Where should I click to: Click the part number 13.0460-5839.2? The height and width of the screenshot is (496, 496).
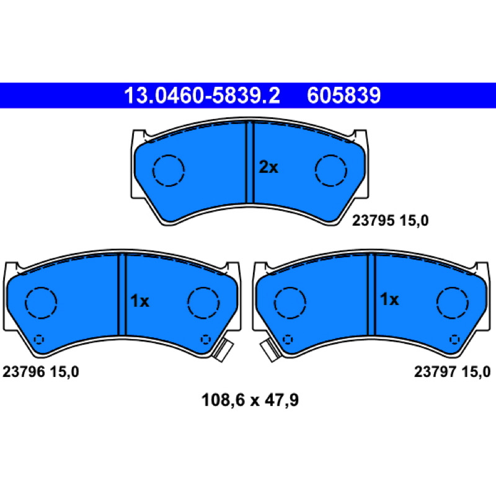202,95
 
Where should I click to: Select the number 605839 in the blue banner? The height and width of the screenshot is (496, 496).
344,95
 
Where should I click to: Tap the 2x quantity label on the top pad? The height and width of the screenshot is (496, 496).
268,167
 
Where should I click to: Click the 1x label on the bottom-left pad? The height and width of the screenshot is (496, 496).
139,301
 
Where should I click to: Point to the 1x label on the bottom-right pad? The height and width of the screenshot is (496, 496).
389,299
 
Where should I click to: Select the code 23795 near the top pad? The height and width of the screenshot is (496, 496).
373,221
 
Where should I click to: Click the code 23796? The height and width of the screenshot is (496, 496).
24,371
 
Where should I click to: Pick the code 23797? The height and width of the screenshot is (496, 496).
435,371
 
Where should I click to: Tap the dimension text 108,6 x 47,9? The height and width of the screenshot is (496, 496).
250,400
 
